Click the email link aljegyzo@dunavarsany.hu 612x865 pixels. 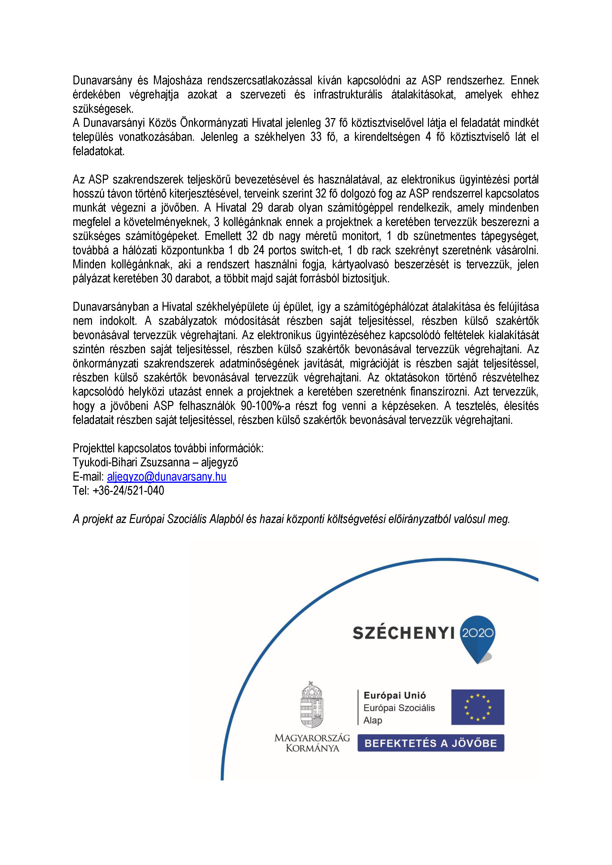point(167,477)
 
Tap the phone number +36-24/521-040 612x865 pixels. point(128,490)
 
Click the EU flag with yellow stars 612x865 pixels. point(478,707)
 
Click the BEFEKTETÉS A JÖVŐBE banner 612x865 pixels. point(430,743)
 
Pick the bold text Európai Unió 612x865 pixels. point(395,695)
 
